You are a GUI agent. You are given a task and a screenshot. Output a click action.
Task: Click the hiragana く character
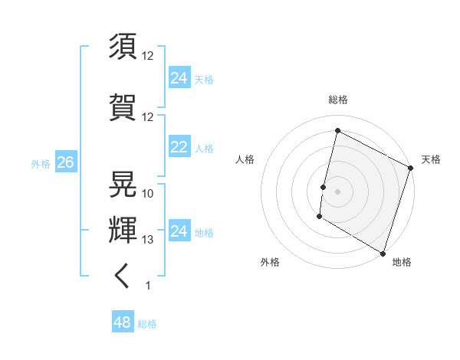pos(123,276)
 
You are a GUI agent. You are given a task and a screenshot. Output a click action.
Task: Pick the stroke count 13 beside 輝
pos(148,240)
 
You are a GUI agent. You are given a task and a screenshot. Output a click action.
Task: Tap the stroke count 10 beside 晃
pos(148,194)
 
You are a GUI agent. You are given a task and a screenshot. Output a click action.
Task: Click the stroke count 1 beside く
pos(148,286)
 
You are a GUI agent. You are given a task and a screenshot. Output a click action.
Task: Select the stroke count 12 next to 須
pos(148,56)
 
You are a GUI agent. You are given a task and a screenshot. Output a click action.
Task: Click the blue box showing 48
pos(122,322)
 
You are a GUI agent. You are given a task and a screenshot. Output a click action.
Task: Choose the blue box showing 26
pos(65,162)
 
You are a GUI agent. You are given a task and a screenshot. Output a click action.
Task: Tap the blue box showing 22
pos(179,147)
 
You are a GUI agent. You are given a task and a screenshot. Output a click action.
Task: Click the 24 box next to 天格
pos(179,78)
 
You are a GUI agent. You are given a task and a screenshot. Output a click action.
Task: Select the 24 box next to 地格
pos(179,231)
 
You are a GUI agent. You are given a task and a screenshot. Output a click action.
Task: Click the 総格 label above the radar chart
pos(338,100)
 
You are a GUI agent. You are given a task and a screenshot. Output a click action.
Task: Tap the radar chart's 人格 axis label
pos(245,159)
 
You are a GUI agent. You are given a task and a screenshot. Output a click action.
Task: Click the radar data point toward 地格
pos(382,253)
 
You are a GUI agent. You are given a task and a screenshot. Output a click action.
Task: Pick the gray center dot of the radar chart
pos(337,191)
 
